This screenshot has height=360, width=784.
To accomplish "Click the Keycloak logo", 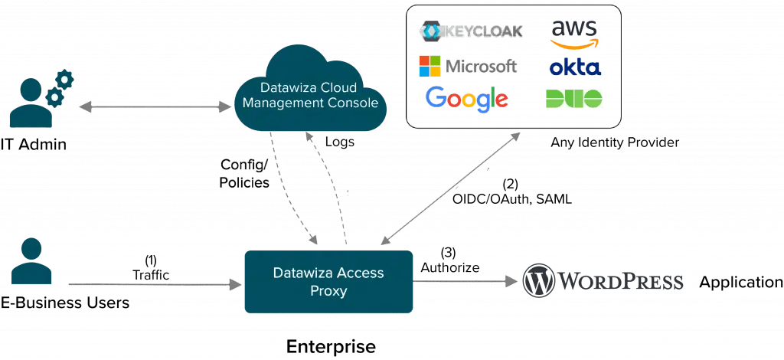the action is [x=471, y=31].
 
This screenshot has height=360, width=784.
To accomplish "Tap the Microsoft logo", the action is [x=468, y=66].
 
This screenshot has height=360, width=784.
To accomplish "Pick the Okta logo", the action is [x=575, y=67].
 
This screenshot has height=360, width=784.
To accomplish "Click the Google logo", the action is [x=465, y=99].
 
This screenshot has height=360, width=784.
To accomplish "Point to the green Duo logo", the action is [x=574, y=99].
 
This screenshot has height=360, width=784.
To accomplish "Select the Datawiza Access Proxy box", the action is [x=328, y=282].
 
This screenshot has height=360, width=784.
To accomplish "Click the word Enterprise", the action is [x=331, y=346].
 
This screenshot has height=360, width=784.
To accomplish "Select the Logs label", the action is [x=339, y=142].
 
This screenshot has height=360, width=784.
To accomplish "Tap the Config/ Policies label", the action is [x=244, y=173].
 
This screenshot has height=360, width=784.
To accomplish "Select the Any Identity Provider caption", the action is [x=615, y=142].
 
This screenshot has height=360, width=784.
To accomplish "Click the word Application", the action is [x=740, y=283].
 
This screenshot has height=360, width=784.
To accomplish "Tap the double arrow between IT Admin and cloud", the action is [x=155, y=106].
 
